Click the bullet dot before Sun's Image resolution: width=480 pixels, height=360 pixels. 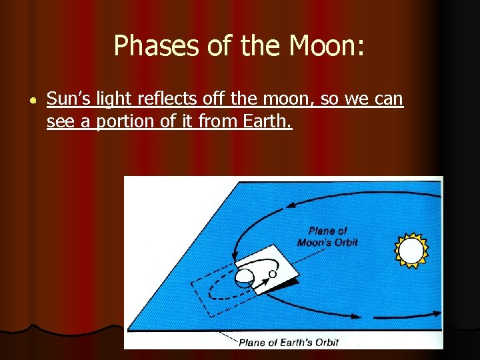pos(31,100)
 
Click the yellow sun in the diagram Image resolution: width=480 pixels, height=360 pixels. pos(411,251)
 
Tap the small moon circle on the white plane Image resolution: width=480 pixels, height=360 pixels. pos(273,273)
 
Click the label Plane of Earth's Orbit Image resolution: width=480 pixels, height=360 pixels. pos(289,343)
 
